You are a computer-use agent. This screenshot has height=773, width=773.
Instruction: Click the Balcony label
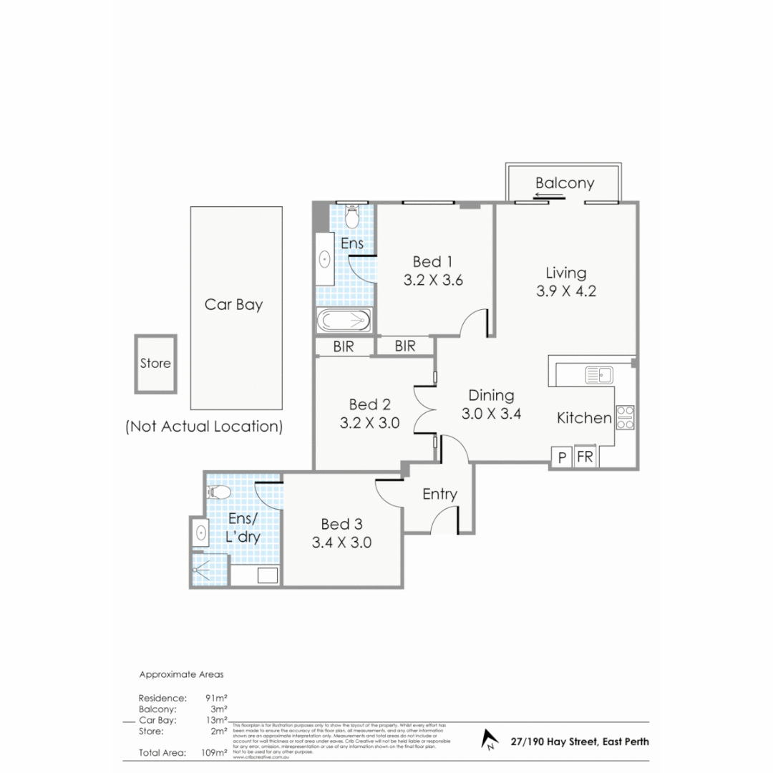pyautogui.click(x=565, y=183)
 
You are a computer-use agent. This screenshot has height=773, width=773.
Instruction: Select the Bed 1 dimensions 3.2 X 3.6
pyautogui.click(x=433, y=281)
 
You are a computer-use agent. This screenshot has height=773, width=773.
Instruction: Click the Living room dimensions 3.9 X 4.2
pyautogui.click(x=565, y=291)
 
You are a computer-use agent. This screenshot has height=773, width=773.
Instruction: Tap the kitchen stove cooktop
pyautogui.click(x=625, y=417)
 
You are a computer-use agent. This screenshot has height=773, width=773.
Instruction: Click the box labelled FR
pyautogui.click(x=585, y=457)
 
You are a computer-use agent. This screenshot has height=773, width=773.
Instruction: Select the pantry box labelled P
pyautogui.click(x=561, y=457)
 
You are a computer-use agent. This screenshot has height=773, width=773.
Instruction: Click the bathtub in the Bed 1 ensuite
pyautogui.click(x=344, y=321)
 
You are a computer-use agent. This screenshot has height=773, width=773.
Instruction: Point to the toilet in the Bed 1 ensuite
pyautogui.click(x=352, y=214)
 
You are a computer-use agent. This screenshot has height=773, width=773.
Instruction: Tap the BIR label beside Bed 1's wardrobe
pyautogui.click(x=405, y=346)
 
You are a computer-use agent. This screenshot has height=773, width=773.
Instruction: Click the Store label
pyautogui.click(x=155, y=363)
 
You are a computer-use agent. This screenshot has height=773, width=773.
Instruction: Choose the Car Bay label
pyautogui.click(x=233, y=304)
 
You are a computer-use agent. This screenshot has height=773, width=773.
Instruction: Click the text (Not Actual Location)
pyautogui.click(x=204, y=427)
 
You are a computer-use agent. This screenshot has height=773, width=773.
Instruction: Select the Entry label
pyautogui.click(x=439, y=494)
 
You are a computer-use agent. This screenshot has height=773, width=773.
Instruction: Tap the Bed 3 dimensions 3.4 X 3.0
pyautogui.click(x=341, y=543)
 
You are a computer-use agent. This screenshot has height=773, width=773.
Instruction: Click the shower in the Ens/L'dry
pyautogui.click(x=208, y=569)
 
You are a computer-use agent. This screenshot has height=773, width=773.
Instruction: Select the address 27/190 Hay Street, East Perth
pyautogui.click(x=580, y=742)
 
